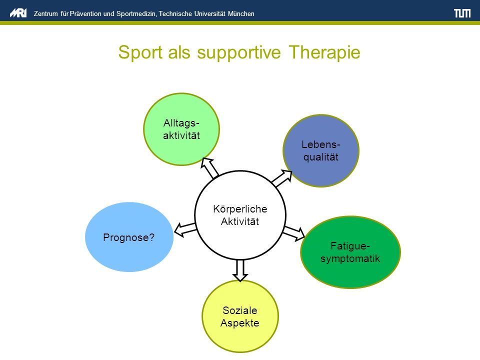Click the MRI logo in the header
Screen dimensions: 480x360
click(18, 13)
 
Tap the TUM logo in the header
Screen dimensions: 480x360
click(462, 13)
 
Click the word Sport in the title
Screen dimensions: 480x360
click(140, 52)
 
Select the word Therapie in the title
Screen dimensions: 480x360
click(324, 52)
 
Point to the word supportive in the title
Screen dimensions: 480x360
click(239, 53)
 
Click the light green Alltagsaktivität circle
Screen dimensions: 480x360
click(181, 129)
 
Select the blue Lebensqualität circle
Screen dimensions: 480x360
click(321, 150)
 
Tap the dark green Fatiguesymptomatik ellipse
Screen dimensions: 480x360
click(350, 252)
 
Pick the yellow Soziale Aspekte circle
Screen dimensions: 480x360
click(240, 316)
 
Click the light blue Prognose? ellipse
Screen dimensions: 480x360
click(129, 237)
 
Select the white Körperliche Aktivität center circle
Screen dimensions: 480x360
click(240, 215)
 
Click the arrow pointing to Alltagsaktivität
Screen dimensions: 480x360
click(209, 168)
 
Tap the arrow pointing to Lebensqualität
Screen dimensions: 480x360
click(282, 178)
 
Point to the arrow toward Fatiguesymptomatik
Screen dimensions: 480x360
click(294, 233)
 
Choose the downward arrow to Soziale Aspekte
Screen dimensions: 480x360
click(240, 270)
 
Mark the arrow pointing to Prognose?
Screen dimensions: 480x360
click(185, 229)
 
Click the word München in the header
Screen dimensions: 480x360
click(241, 14)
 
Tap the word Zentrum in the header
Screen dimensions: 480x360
click(46, 14)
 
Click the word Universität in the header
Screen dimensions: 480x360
click(209, 14)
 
